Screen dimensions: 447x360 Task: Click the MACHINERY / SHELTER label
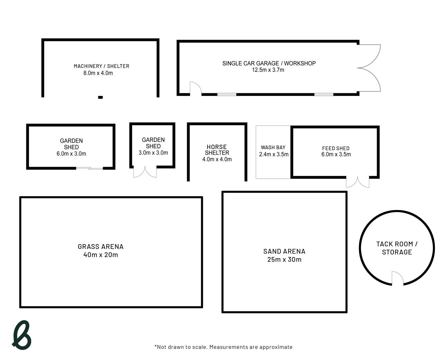coord(101,66)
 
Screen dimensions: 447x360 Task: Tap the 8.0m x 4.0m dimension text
coord(98,73)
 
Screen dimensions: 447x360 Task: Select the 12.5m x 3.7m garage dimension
coord(268,70)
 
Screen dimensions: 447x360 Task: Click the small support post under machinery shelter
coord(100,97)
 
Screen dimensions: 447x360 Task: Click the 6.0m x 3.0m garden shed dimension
coord(71,154)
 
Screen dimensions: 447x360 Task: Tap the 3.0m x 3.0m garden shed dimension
coord(153,153)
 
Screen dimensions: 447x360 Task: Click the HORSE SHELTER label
coord(217,150)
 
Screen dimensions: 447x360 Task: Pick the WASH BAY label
coord(273,147)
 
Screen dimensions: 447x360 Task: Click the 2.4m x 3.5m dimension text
coord(274,154)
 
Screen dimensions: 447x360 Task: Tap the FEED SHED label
coord(336,148)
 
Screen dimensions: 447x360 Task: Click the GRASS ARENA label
coord(100,247)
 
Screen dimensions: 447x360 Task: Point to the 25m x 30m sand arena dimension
coord(284,260)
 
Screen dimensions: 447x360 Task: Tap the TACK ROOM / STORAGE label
coord(397,248)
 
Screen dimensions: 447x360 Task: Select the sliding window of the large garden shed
coord(89,168)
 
